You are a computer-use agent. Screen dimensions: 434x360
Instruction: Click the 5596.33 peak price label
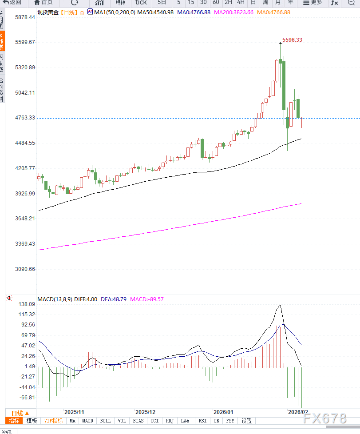[x=292, y=40]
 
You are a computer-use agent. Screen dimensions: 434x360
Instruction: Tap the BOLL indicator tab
[x=105, y=421]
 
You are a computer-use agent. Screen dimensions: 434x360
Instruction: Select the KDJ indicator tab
[x=170, y=421]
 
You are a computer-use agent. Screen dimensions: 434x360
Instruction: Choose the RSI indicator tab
[x=202, y=421]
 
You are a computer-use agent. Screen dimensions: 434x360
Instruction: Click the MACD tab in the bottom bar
[x=87, y=421]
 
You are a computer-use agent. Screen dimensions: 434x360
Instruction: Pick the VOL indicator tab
[x=122, y=421]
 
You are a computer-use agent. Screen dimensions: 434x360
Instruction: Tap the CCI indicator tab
[x=154, y=421]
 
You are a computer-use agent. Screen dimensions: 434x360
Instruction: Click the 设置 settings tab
[x=246, y=421]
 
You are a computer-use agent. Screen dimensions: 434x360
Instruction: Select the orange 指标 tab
[x=14, y=421]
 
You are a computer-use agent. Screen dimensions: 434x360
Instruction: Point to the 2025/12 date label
[x=145, y=412]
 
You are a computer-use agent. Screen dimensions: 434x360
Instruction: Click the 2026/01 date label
[x=223, y=412]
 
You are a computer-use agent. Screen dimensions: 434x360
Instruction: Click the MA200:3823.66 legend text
[x=233, y=12]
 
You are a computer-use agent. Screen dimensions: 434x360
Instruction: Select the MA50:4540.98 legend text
[x=155, y=12]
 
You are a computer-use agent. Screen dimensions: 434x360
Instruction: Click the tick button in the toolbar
[x=141, y=3]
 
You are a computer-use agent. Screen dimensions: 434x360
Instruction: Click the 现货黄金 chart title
[x=47, y=12]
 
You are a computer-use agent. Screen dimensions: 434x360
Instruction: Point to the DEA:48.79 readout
[x=114, y=299]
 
